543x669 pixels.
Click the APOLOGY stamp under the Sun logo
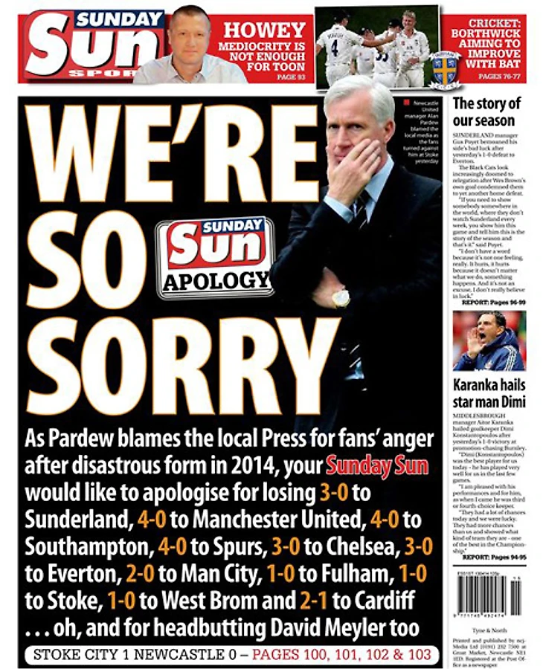(216, 281)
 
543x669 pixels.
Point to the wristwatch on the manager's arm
(341, 298)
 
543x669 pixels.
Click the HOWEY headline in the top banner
(265, 30)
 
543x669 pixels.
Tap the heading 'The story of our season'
(486, 111)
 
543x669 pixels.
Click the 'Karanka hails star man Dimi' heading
(489, 393)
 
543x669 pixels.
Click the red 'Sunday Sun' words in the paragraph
(376, 467)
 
